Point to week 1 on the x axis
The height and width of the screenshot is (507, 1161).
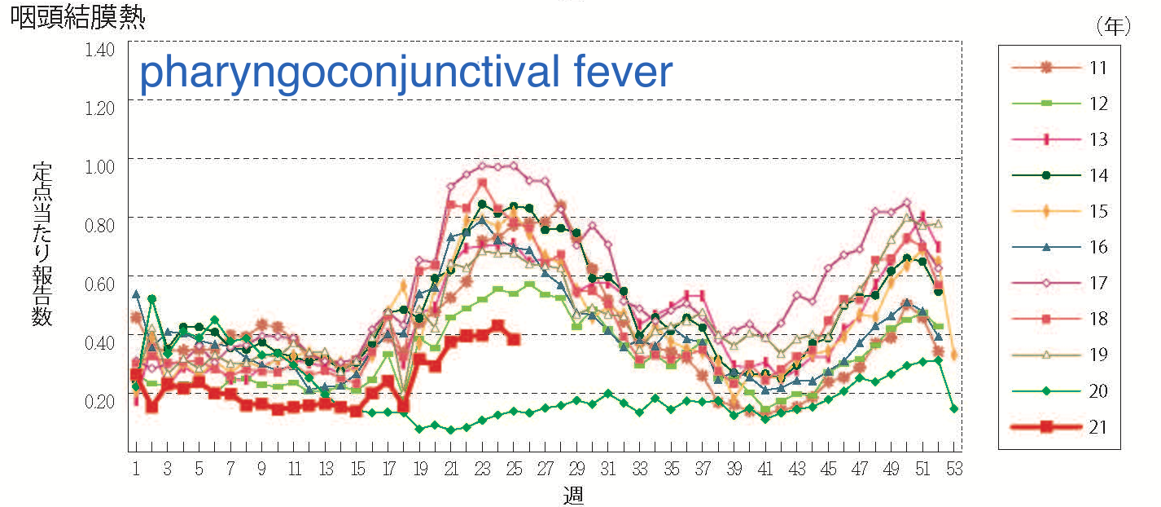(136, 470)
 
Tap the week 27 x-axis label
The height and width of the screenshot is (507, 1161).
(545, 470)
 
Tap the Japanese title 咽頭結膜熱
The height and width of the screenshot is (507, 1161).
(77, 19)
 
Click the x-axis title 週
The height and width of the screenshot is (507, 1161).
(573, 494)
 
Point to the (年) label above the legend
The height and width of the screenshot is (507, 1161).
(1113, 27)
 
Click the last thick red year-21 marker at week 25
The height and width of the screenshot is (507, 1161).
(513, 338)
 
